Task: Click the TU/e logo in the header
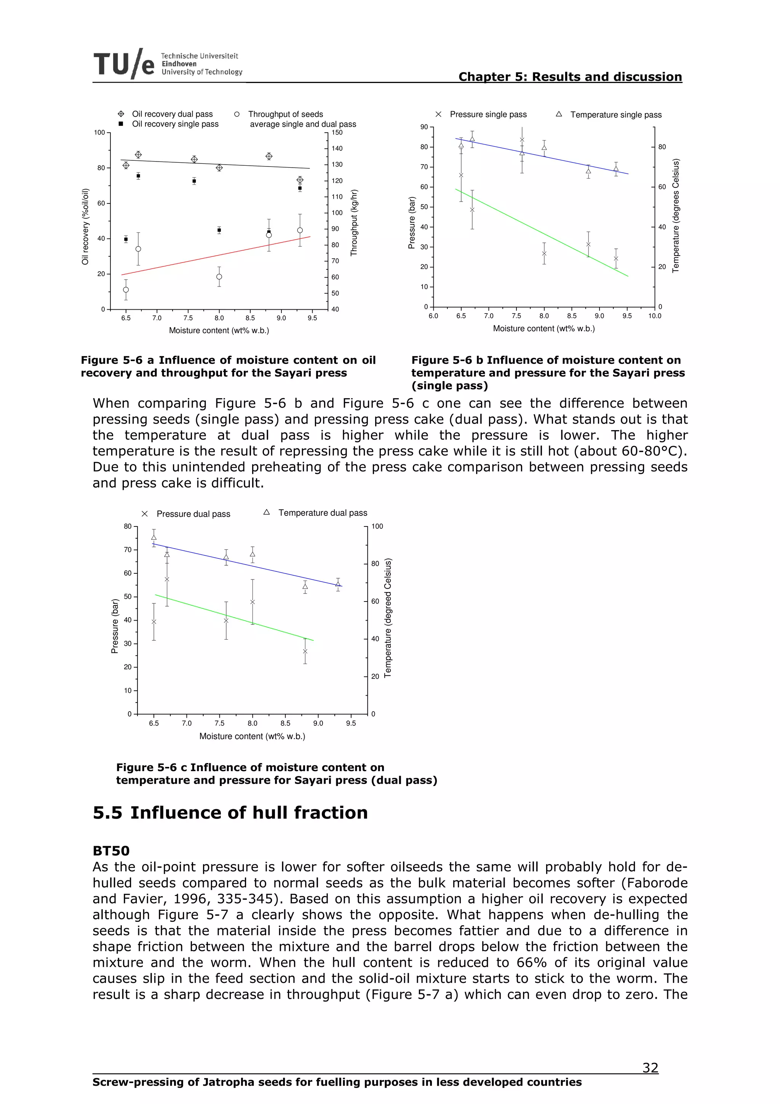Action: click(124, 64)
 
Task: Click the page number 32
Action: click(650, 1068)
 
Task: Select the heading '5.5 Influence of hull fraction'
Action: click(230, 812)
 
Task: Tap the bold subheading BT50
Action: click(111, 851)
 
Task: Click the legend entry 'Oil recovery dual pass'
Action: click(172, 114)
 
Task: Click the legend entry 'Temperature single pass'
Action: click(615, 114)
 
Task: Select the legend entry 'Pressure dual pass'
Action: click(193, 514)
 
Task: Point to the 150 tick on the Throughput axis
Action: click(337, 132)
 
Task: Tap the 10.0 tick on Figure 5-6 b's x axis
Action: click(655, 316)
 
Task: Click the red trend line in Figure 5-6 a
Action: click(216, 255)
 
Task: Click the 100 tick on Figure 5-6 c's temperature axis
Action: click(377, 526)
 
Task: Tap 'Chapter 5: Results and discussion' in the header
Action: click(570, 77)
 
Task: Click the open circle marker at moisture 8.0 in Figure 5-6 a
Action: click(219, 277)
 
